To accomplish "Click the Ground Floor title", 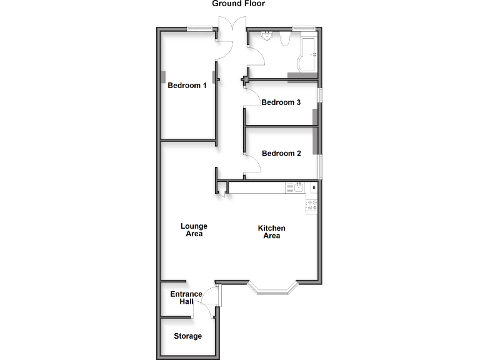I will pyautogui.click(x=238, y=4).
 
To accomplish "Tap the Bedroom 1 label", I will pyautogui.click(x=187, y=86).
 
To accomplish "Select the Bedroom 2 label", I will pyautogui.click(x=281, y=153).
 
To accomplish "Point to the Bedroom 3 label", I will pyautogui.click(x=281, y=102).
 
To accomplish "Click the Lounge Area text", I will pyautogui.click(x=194, y=230).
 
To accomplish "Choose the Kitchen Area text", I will pyautogui.click(x=272, y=232).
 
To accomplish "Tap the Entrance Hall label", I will pyautogui.click(x=186, y=297).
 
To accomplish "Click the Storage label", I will pyautogui.click(x=187, y=336).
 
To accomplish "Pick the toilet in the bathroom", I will pyautogui.click(x=284, y=40).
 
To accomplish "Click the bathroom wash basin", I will pyautogui.click(x=267, y=36).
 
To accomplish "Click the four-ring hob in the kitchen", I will pyautogui.click(x=312, y=206).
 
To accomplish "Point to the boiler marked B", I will pyautogui.click(x=314, y=187).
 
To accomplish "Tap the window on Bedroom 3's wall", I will pyautogui.click(x=321, y=95).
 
